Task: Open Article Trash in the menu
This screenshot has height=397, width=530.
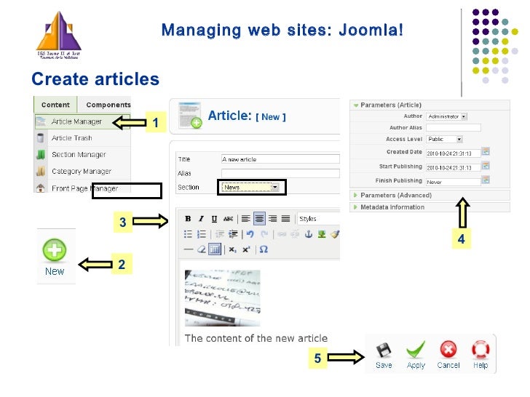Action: [71, 138]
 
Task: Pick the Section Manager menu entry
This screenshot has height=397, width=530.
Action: [78, 154]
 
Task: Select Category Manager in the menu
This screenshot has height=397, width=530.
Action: [81, 172]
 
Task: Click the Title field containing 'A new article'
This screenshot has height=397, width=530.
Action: [280, 159]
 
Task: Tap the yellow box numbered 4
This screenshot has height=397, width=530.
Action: [461, 238]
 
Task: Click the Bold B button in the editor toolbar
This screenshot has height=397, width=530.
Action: [188, 218]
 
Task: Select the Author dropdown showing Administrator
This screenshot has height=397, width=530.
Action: [447, 116]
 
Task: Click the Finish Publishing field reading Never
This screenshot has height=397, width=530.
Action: [453, 181]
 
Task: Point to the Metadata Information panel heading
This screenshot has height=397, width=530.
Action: [392, 207]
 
